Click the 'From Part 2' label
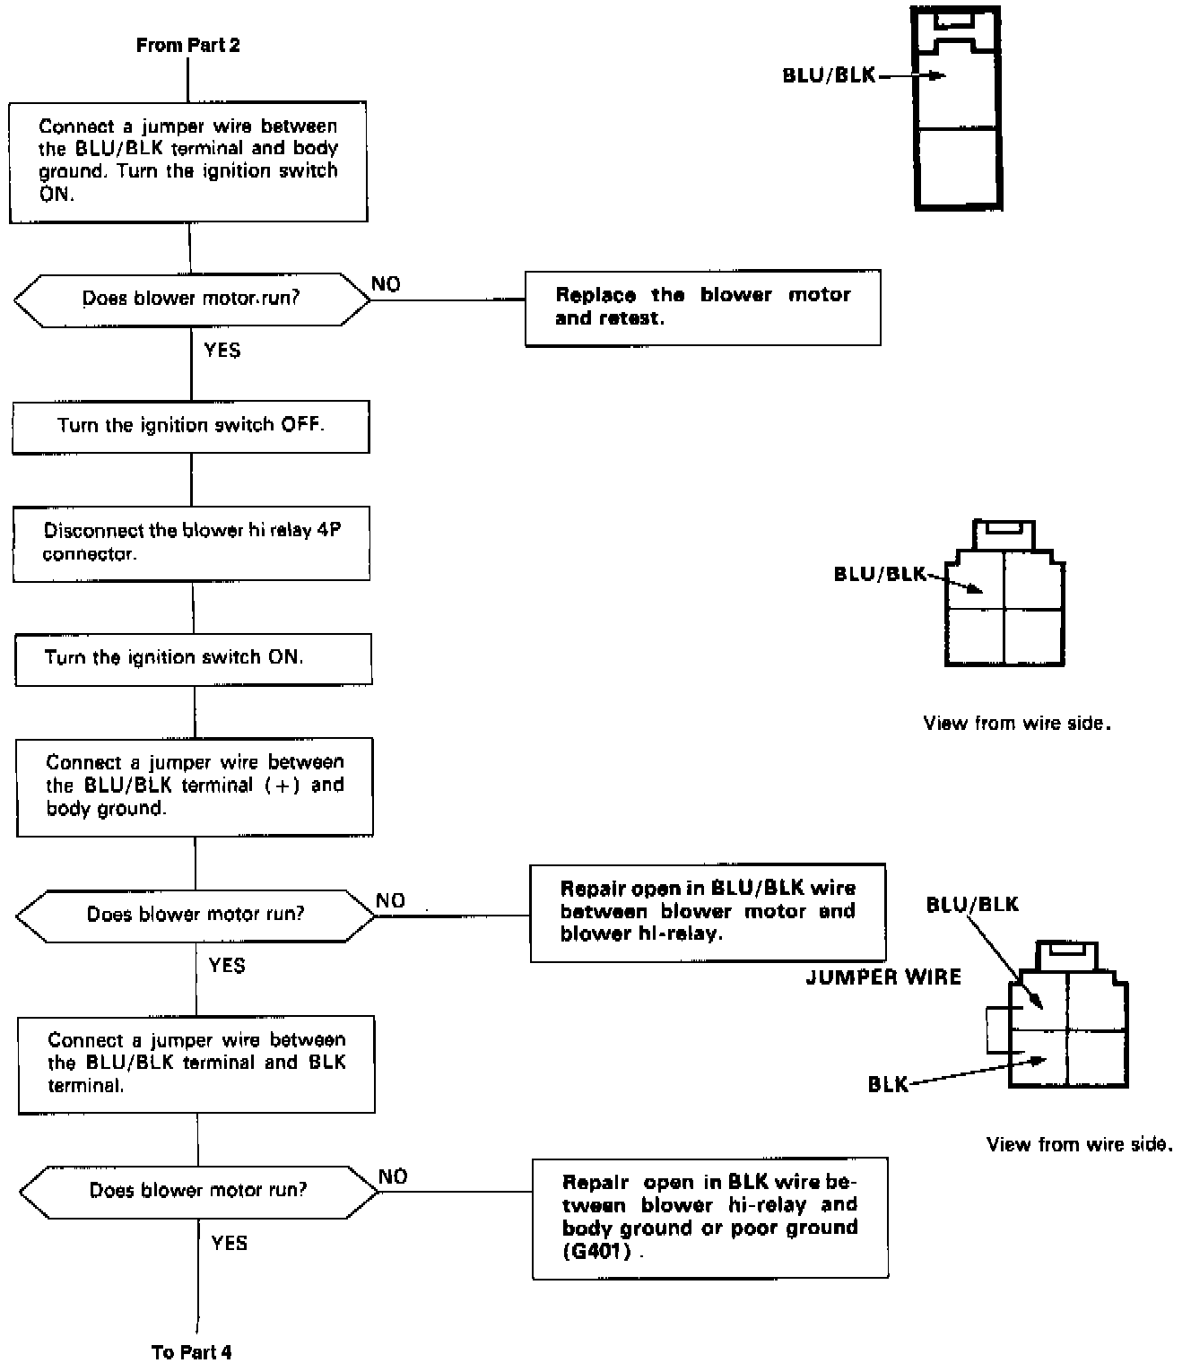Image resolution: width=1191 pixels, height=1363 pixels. click(x=187, y=45)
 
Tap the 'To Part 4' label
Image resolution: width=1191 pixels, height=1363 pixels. click(x=191, y=1351)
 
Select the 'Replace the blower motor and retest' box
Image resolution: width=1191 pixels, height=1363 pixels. click(x=702, y=307)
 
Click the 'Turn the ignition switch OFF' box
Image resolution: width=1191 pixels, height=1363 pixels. click(x=190, y=426)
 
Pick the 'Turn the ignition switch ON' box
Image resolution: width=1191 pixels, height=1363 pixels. click(x=193, y=659)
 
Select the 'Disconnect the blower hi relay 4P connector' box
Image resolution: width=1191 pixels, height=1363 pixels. click(x=191, y=543)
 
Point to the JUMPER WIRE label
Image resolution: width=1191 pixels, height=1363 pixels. click(x=883, y=977)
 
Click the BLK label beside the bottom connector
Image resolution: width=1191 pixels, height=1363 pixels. click(x=888, y=1085)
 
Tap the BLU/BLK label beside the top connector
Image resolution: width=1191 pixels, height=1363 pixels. click(x=829, y=75)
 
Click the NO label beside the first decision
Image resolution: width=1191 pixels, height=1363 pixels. click(x=386, y=284)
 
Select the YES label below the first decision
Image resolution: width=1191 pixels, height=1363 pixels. click(x=222, y=351)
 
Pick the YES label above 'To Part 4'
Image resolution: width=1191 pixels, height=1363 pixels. click(x=229, y=1243)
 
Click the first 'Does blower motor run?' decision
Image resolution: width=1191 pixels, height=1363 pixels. click(x=191, y=299)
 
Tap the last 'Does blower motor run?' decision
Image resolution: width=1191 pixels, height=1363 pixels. click(x=198, y=1191)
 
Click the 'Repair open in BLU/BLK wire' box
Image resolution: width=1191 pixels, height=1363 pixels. click(x=708, y=911)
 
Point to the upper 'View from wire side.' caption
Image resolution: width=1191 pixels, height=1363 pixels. click(x=1017, y=723)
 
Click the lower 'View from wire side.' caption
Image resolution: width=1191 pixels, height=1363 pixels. click(x=1079, y=1144)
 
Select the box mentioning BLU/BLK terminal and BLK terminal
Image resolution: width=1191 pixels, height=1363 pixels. click(x=196, y=1063)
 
